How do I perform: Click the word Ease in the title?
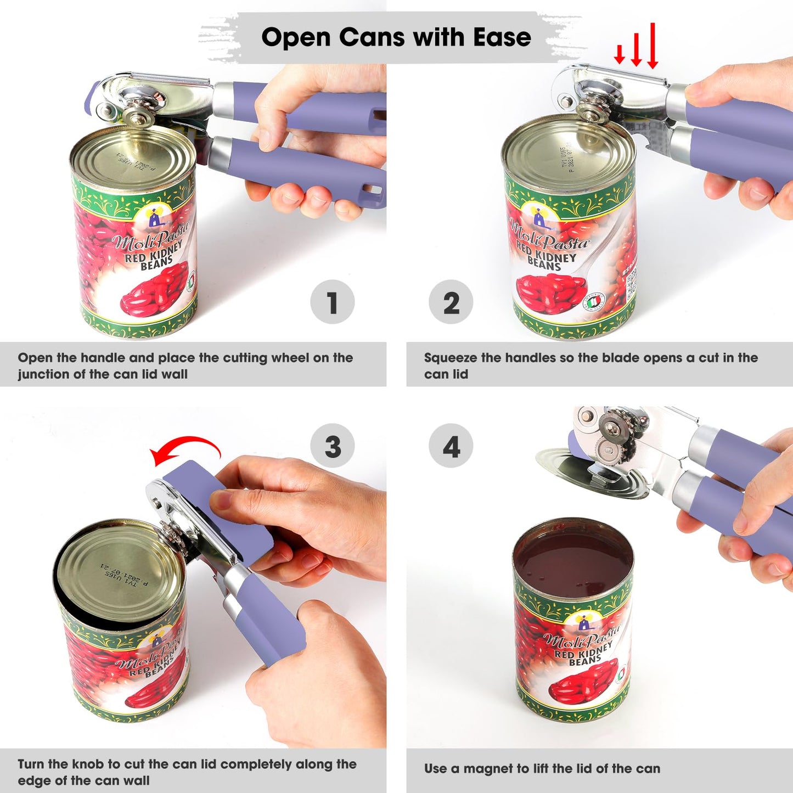pyautogui.click(x=502, y=37)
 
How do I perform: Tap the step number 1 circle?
pyautogui.click(x=332, y=302)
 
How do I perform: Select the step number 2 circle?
pyautogui.click(x=451, y=302)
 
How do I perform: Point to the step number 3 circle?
pyautogui.click(x=332, y=446)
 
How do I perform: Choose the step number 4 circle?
pyautogui.click(x=451, y=446)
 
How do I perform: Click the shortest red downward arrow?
pyautogui.click(x=619, y=54)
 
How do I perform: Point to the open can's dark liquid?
pyautogui.click(x=573, y=563)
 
